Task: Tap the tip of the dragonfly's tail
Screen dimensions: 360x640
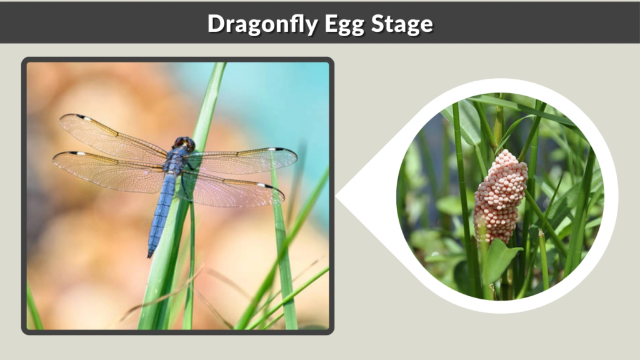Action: pyautogui.click(x=150, y=254)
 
